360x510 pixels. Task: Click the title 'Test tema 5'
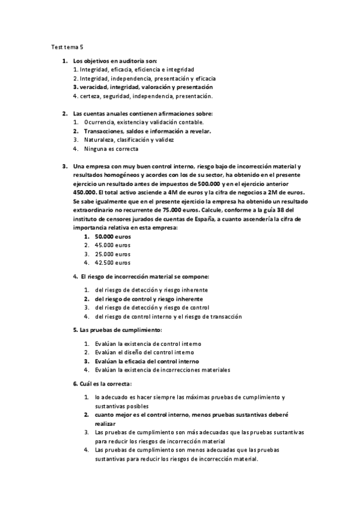pyautogui.click(x=67, y=46)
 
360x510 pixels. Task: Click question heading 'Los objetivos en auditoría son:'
pyautogui.click(x=115, y=61)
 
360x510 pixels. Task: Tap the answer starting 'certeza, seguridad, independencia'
pyautogui.click(x=142, y=96)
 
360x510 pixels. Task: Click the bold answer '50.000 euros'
pyautogui.click(x=112, y=236)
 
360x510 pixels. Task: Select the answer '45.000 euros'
pyautogui.click(x=112, y=245)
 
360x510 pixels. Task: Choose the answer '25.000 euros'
pyautogui.click(x=112, y=254)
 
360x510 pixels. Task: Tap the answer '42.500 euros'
pyautogui.click(x=112, y=263)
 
